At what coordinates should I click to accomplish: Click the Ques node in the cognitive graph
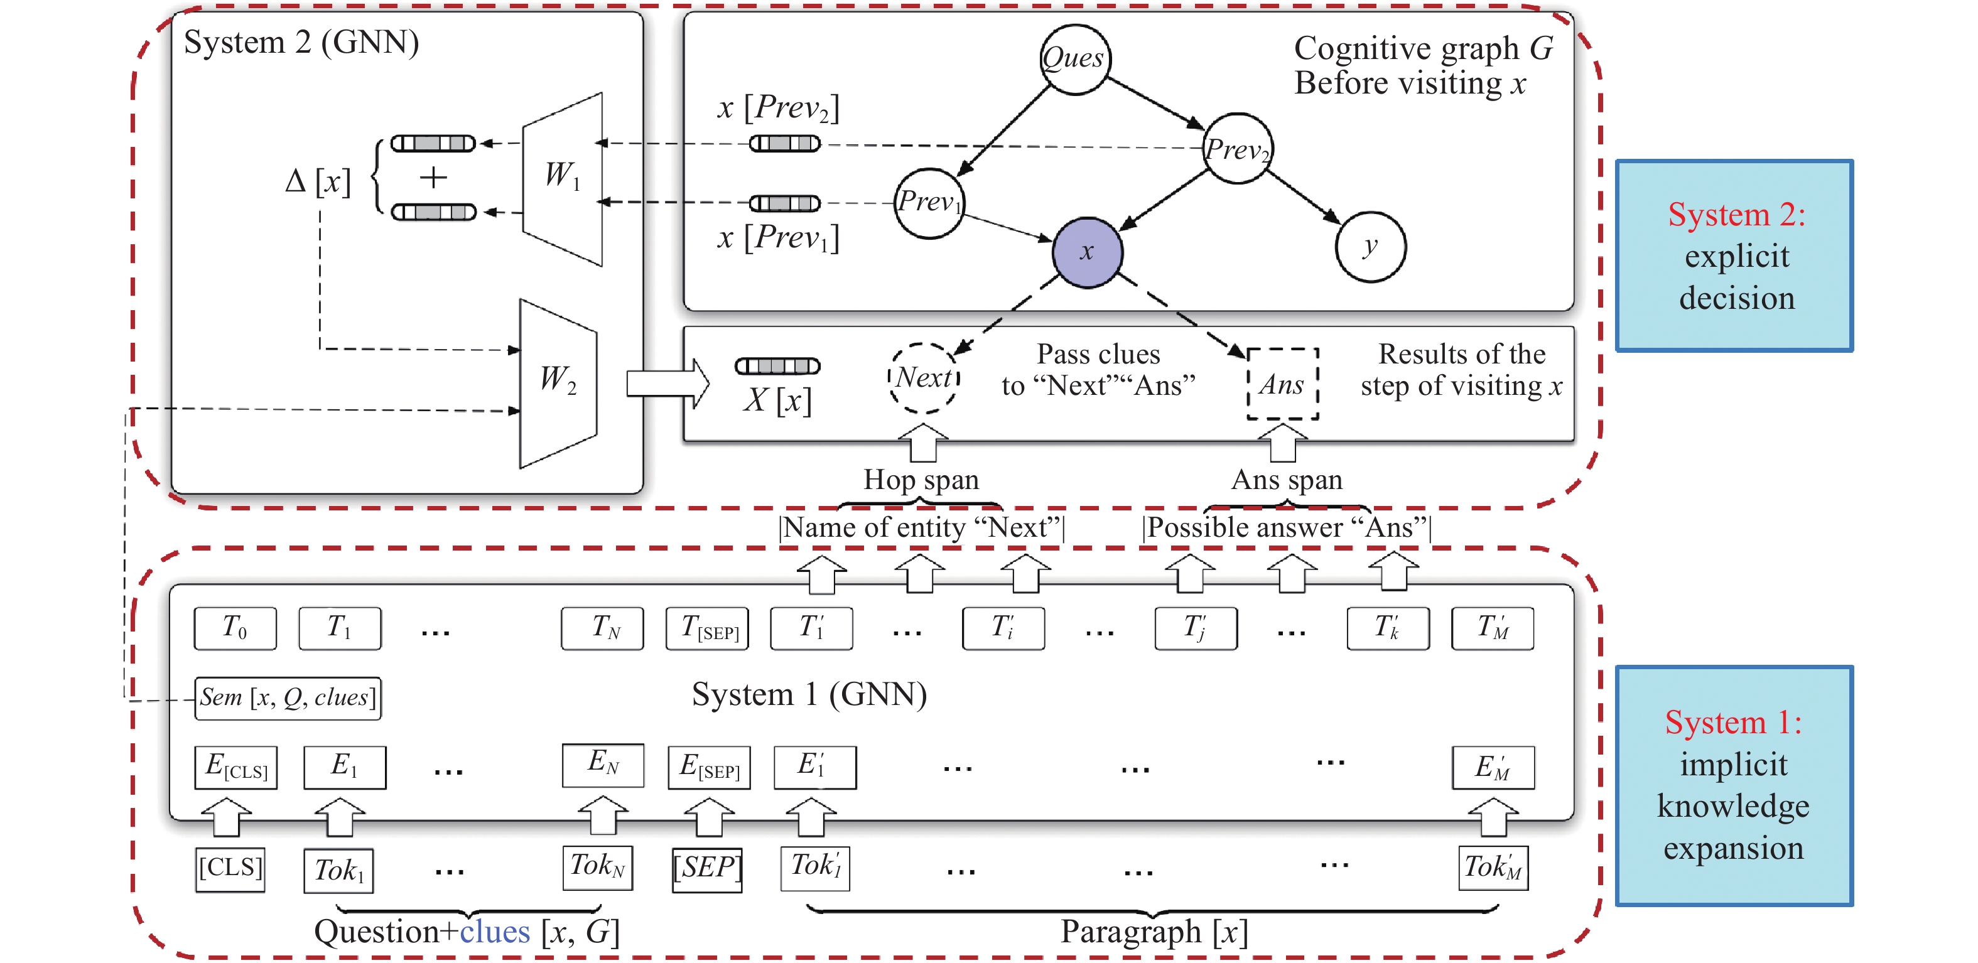coord(1074,59)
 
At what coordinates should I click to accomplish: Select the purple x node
coord(1086,252)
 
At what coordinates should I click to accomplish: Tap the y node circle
coord(1370,247)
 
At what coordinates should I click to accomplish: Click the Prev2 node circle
coord(1236,148)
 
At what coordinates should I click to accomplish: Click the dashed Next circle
coord(924,378)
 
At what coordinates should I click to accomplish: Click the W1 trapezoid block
coord(562,178)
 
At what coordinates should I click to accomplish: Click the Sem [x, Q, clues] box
coord(288,697)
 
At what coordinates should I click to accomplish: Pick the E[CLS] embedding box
coord(235,767)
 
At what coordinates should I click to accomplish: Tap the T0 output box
coord(235,628)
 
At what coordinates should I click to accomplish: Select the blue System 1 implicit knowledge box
coord(1733,785)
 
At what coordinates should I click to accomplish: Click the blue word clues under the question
coord(495,932)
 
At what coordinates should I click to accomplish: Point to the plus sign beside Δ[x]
coord(433,178)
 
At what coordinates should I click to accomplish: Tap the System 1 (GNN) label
coord(809,694)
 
